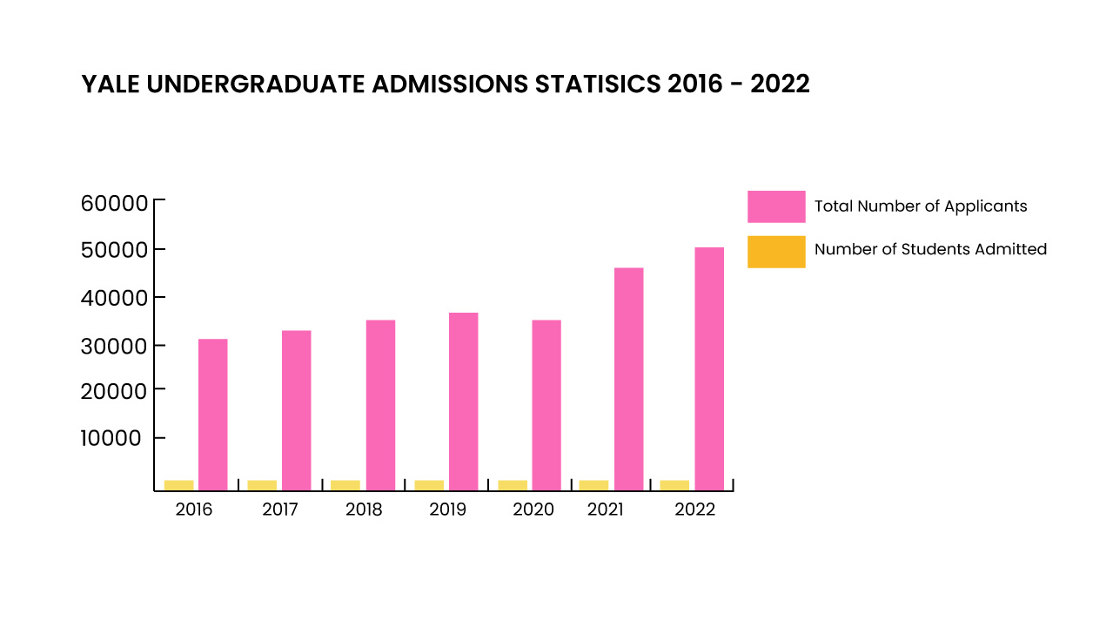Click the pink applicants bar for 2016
coord(212,414)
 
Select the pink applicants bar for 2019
coord(463,401)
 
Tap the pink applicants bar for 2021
coord(628,378)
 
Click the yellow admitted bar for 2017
coord(262,484)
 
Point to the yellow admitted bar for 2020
coord(513,484)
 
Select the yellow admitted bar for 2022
coord(674,484)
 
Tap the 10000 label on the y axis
coord(111,438)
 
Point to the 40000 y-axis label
coord(115,298)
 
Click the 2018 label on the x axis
coord(364,510)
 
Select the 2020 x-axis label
coord(533,510)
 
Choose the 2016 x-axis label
coord(193,510)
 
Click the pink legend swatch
coord(776,206)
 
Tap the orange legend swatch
coord(776,251)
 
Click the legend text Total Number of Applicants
coord(921,206)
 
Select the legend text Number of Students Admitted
coord(930,249)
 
